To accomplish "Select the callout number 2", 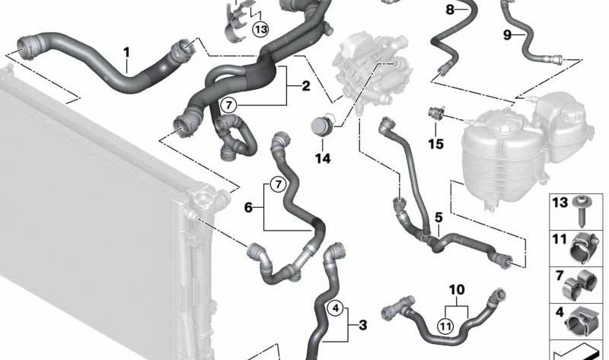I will pos(305,85).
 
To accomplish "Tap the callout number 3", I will pos(362,325).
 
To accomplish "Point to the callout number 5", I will pos(438,218).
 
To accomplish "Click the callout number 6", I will pos(247,206).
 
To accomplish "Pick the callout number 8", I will pos(450,9).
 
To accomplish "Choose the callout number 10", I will pos(457,289).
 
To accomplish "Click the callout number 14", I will pos(323,158).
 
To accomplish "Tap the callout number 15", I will pos(435,142).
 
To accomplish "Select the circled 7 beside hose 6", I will pos(277,184).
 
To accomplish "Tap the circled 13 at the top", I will pos(261,29).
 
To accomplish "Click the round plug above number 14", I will pos(323,125).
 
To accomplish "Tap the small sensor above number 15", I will pos(436,113).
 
